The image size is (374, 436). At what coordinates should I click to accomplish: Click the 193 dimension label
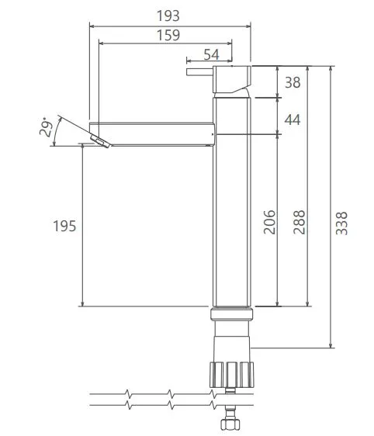[x=168, y=16]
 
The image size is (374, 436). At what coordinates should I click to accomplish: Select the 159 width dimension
[x=168, y=35]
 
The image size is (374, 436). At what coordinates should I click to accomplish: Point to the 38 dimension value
[x=293, y=82]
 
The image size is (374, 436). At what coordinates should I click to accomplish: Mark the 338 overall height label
[x=342, y=222]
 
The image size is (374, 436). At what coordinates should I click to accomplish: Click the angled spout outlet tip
[x=100, y=140]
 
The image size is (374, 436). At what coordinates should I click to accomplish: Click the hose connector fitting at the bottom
[x=230, y=424]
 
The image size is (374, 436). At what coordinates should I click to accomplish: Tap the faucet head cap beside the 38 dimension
[x=233, y=81]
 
